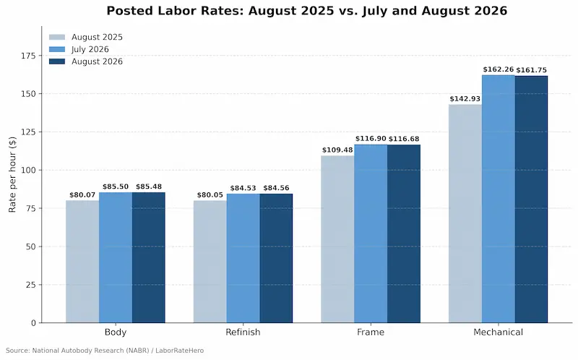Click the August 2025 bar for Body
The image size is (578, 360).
[82, 262]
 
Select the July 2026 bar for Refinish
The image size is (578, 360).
[243, 258]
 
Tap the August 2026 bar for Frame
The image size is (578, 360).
[404, 233]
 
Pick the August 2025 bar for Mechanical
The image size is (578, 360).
[465, 213]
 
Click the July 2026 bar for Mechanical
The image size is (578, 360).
[499, 199]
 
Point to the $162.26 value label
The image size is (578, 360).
[499, 69]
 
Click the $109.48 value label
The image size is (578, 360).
[337, 150]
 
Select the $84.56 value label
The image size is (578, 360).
[276, 188]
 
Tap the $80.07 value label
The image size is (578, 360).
[82, 194]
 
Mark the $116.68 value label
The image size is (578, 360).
[404, 139]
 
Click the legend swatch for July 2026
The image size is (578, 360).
[57, 49]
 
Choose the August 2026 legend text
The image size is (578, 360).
[97, 61]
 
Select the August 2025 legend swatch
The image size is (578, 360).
[57, 38]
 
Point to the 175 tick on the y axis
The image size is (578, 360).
[39, 56]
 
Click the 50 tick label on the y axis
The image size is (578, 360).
[31, 247]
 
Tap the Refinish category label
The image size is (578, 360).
[243, 332]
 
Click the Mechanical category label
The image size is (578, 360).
[498, 332]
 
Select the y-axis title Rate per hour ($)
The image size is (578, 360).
[12, 174]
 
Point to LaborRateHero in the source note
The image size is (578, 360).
[179, 351]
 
